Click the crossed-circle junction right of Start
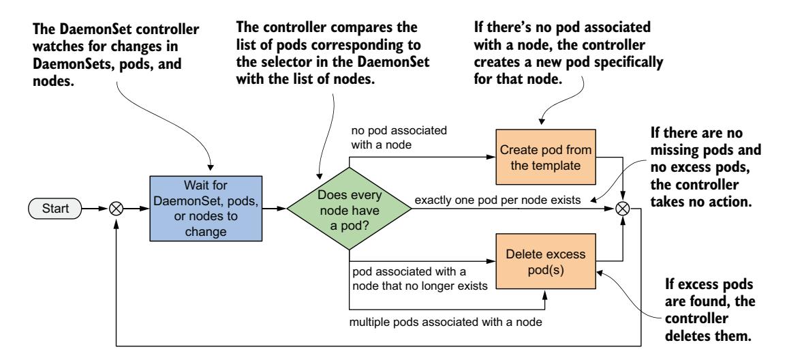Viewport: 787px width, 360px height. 117,209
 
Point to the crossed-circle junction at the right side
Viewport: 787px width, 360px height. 621,209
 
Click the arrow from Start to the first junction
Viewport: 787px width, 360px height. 95,209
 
